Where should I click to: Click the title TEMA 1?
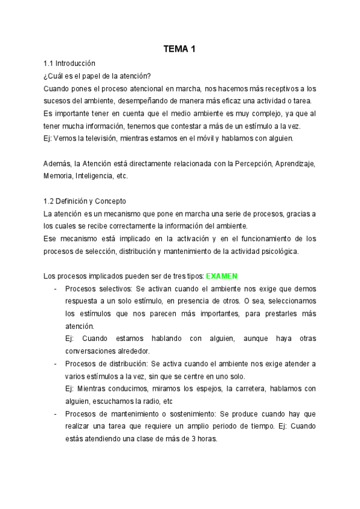tap(179, 49)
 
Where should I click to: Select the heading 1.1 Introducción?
tap(70, 63)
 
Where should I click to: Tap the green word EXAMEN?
tap(221, 276)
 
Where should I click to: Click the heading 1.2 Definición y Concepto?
tap(85, 200)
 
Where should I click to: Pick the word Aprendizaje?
tap(295, 163)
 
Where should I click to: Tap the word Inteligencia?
tap(95, 176)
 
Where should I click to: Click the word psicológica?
tap(272, 251)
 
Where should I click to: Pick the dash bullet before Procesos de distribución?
tap(55, 364)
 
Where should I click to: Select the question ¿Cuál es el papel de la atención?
tap(97, 75)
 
